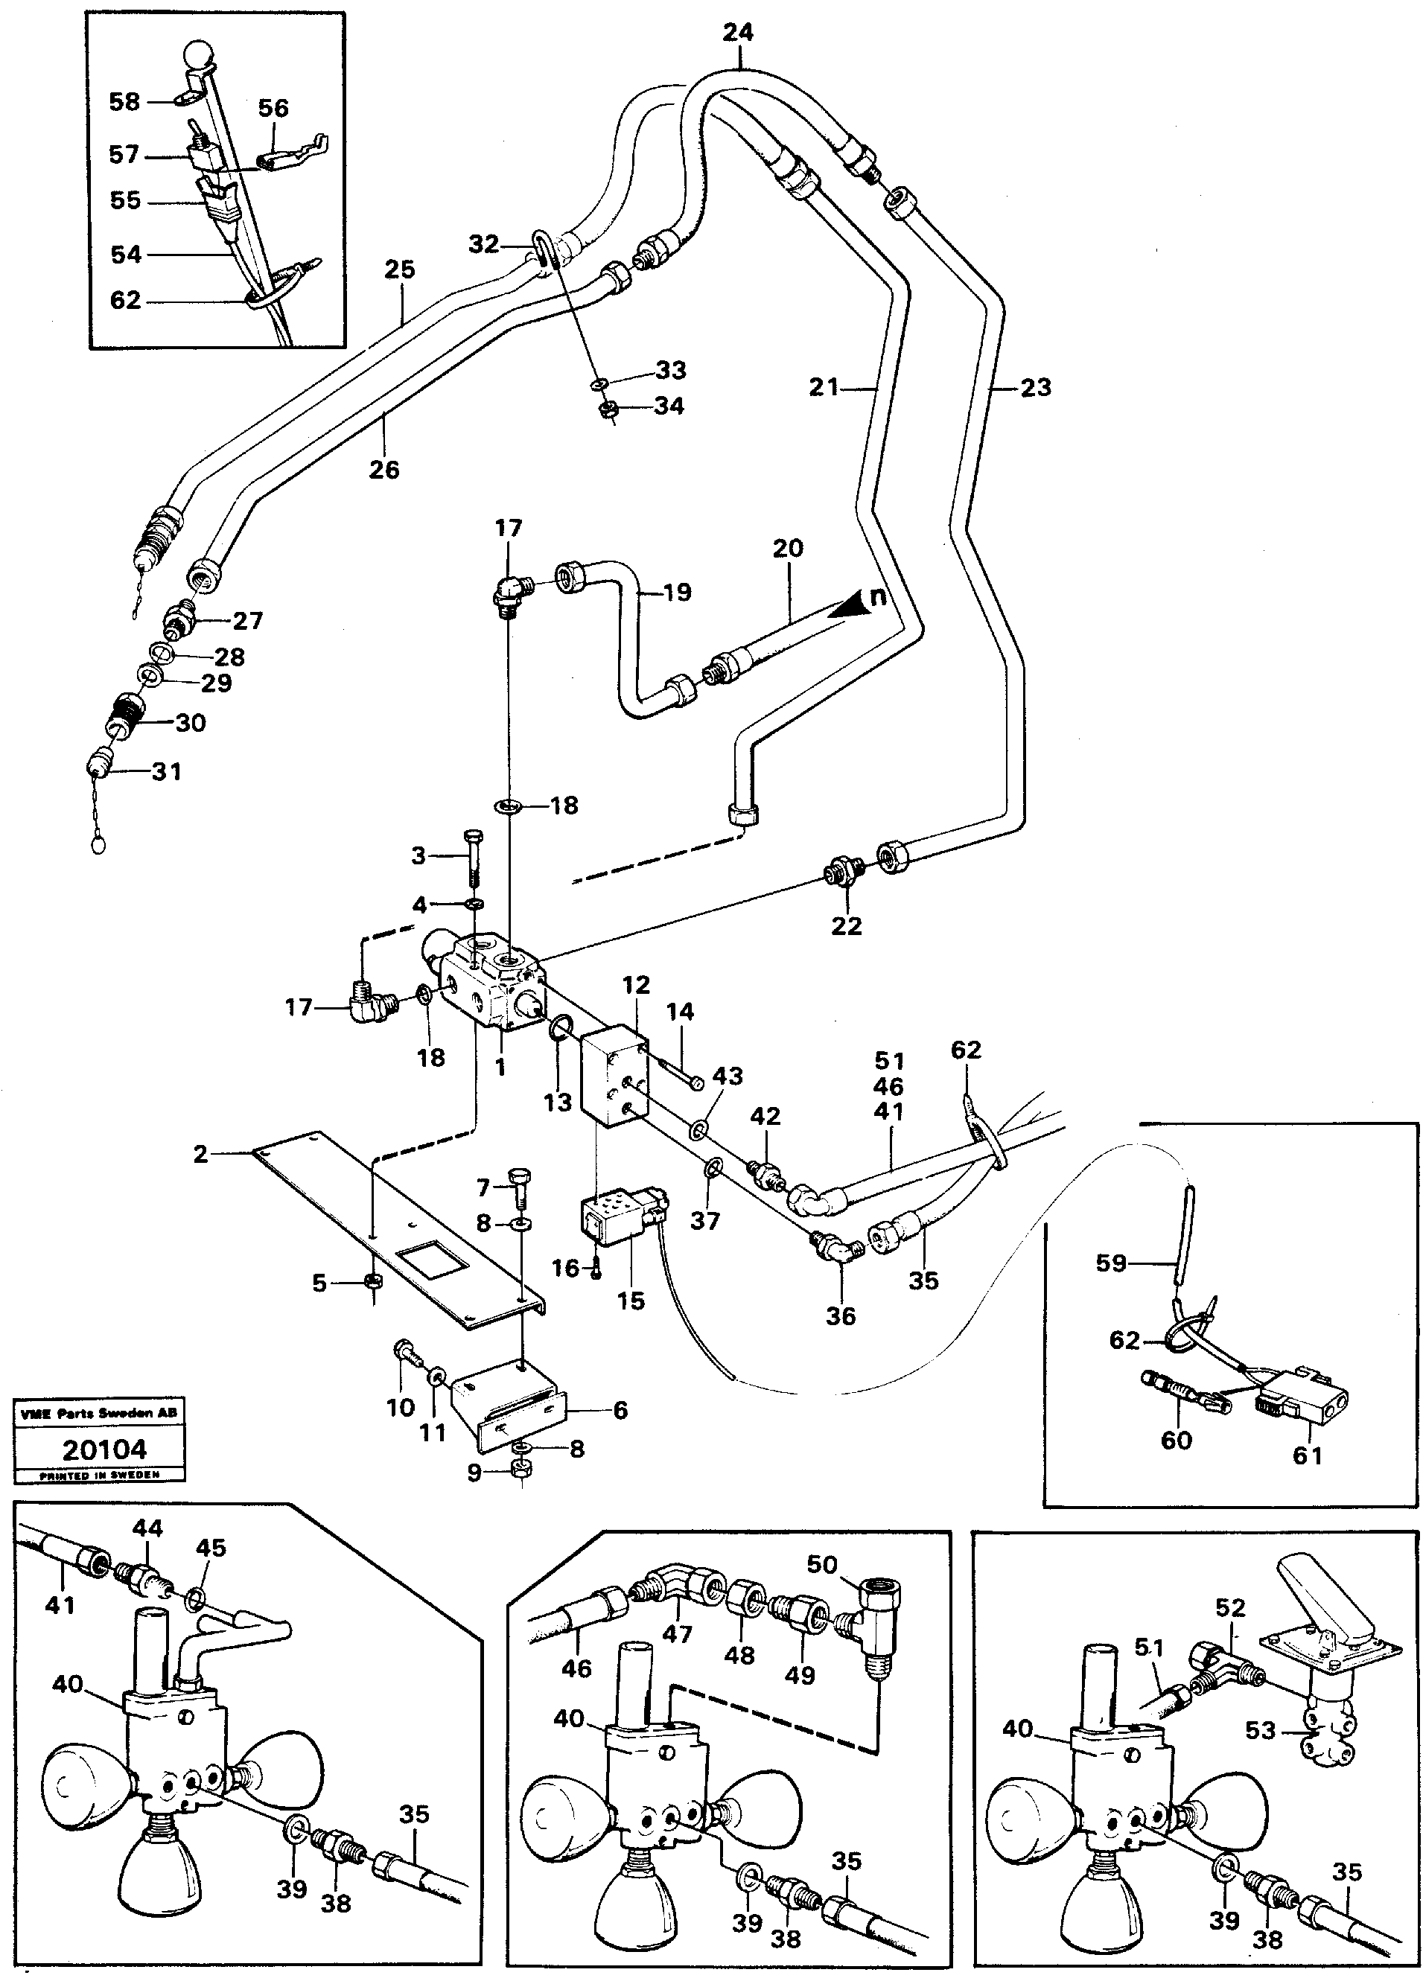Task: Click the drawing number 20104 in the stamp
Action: pos(104,1449)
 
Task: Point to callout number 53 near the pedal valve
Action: pos(1260,1730)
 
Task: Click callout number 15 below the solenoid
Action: pos(630,1301)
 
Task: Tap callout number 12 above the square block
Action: pos(636,984)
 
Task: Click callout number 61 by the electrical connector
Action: pos(1308,1455)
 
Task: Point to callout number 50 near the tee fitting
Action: pos(822,1564)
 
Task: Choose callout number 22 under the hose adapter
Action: pos(846,925)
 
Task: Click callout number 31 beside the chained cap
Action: pos(166,771)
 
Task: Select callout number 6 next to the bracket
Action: pos(620,1410)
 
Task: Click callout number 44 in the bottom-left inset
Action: pos(147,1528)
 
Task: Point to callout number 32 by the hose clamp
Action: pos(483,244)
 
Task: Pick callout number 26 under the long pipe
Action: pos(383,470)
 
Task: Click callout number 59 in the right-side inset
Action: pos(1112,1263)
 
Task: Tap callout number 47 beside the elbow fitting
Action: pos(676,1633)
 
